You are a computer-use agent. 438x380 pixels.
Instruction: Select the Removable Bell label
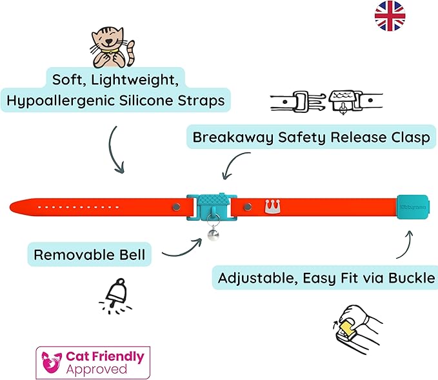pyautogui.click(x=90, y=255)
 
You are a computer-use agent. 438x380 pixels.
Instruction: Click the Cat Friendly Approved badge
pyautogui.click(x=93, y=362)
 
